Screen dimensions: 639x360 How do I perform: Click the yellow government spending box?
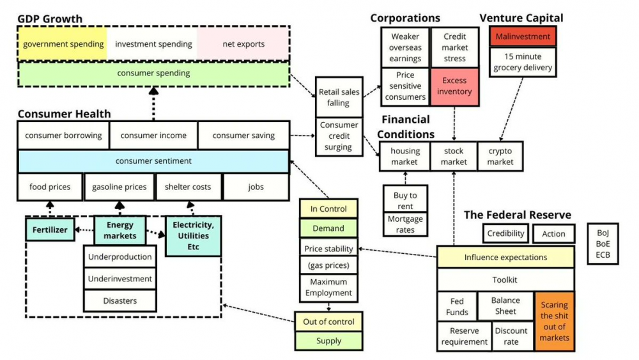point(63,44)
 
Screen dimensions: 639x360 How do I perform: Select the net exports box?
point(243,44)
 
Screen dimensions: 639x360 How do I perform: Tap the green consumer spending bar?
point(153,74)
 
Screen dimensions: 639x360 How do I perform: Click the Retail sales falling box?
point(339,97)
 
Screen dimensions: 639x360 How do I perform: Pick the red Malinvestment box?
point(523,36)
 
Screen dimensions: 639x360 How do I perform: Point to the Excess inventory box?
point(454,86)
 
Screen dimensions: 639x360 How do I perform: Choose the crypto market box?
point(500,157)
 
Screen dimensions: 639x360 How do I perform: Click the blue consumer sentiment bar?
point(153,161)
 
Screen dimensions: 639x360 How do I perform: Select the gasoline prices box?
point(119,187)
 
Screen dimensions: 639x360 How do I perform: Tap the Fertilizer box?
point(50,230)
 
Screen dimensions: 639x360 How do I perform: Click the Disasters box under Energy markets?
point(120,301)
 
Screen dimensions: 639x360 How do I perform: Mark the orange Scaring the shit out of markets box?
point(554,321)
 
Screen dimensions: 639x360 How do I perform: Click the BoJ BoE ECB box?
point(603,244)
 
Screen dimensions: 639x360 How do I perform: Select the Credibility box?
point(505,233)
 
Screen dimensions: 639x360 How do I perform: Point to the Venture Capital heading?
point(521,18)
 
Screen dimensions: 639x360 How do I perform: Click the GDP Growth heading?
point(50,19)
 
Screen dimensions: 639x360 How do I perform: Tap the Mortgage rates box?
point(405,224)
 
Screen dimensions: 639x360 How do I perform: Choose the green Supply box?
point(328,341)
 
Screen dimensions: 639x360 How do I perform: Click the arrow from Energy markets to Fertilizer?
point(84,230)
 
